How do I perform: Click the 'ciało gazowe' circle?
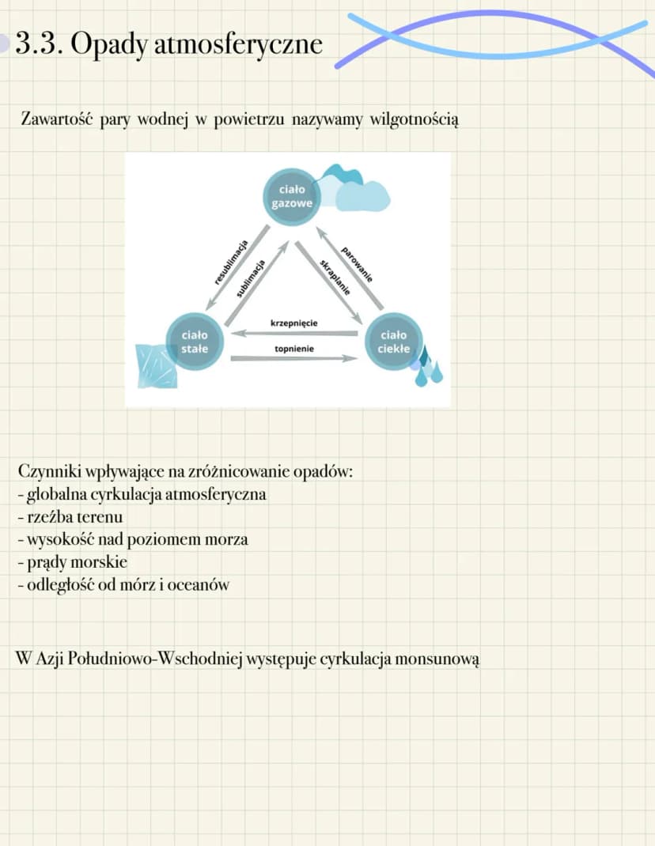coord(291,196)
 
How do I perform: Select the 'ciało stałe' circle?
coord(195,342)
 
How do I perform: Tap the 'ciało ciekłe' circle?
coord(394,342)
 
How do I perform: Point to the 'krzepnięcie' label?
coord(293,323)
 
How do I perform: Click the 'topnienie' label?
coord(294,349)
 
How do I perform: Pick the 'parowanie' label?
coord(357,264)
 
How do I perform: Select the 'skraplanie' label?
coord(335,278)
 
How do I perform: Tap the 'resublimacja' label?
coord(231,262)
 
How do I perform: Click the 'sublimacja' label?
coord(251,278)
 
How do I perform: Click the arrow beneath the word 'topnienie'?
coord(294,358)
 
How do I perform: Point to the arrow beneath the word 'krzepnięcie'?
coord(294,334)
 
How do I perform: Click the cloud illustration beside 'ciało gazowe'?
coord(353,188)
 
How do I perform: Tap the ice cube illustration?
coord(157,366)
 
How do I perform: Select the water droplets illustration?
coord(428,366)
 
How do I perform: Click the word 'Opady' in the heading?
coord(108,45)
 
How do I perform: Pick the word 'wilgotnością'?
coord(415,119)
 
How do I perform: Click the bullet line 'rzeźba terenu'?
coord(70,517)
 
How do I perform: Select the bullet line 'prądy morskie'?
coord(72,562)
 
